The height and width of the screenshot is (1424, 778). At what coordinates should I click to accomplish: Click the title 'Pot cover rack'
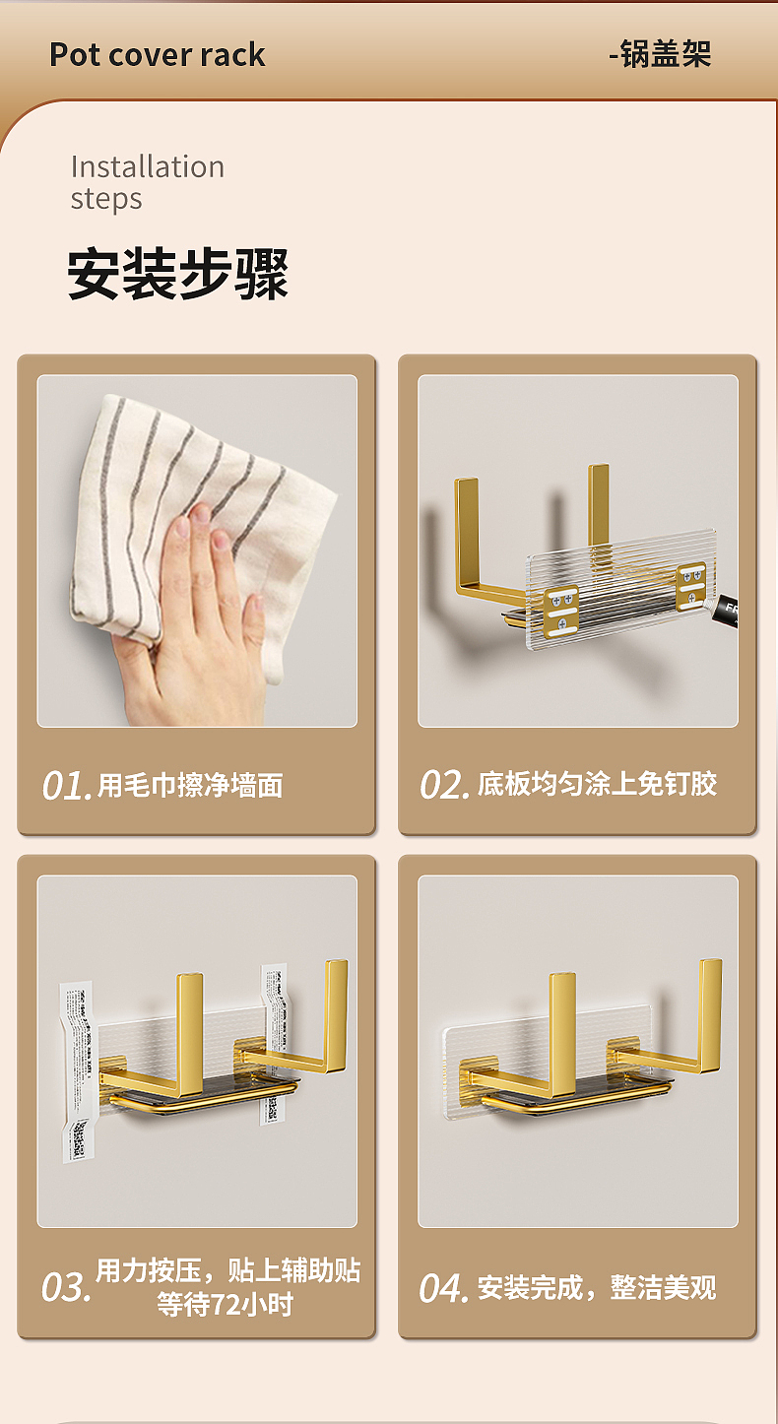point(158,54)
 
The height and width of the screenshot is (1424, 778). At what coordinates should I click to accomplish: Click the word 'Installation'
point(148,166)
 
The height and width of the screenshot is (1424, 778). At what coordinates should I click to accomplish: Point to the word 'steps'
point(106,199)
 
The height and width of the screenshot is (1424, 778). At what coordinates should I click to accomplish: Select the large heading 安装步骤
point(178,274)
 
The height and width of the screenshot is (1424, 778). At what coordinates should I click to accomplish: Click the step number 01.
point(66,786)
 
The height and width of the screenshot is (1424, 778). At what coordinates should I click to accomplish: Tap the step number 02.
point(445,785)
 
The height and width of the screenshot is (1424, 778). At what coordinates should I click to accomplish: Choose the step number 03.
point(66,1288)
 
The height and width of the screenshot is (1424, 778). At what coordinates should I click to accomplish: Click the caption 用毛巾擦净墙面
point(190,785)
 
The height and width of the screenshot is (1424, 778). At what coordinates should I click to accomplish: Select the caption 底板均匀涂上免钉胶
point(597,784)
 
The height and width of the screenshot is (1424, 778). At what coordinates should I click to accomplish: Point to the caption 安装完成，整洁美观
point(597,1287)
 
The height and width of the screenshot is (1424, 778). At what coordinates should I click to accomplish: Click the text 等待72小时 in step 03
point(226,1305)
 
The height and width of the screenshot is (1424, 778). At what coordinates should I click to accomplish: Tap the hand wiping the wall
point(197,611)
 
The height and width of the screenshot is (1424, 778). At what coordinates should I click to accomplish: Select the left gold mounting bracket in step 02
point(562,604)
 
